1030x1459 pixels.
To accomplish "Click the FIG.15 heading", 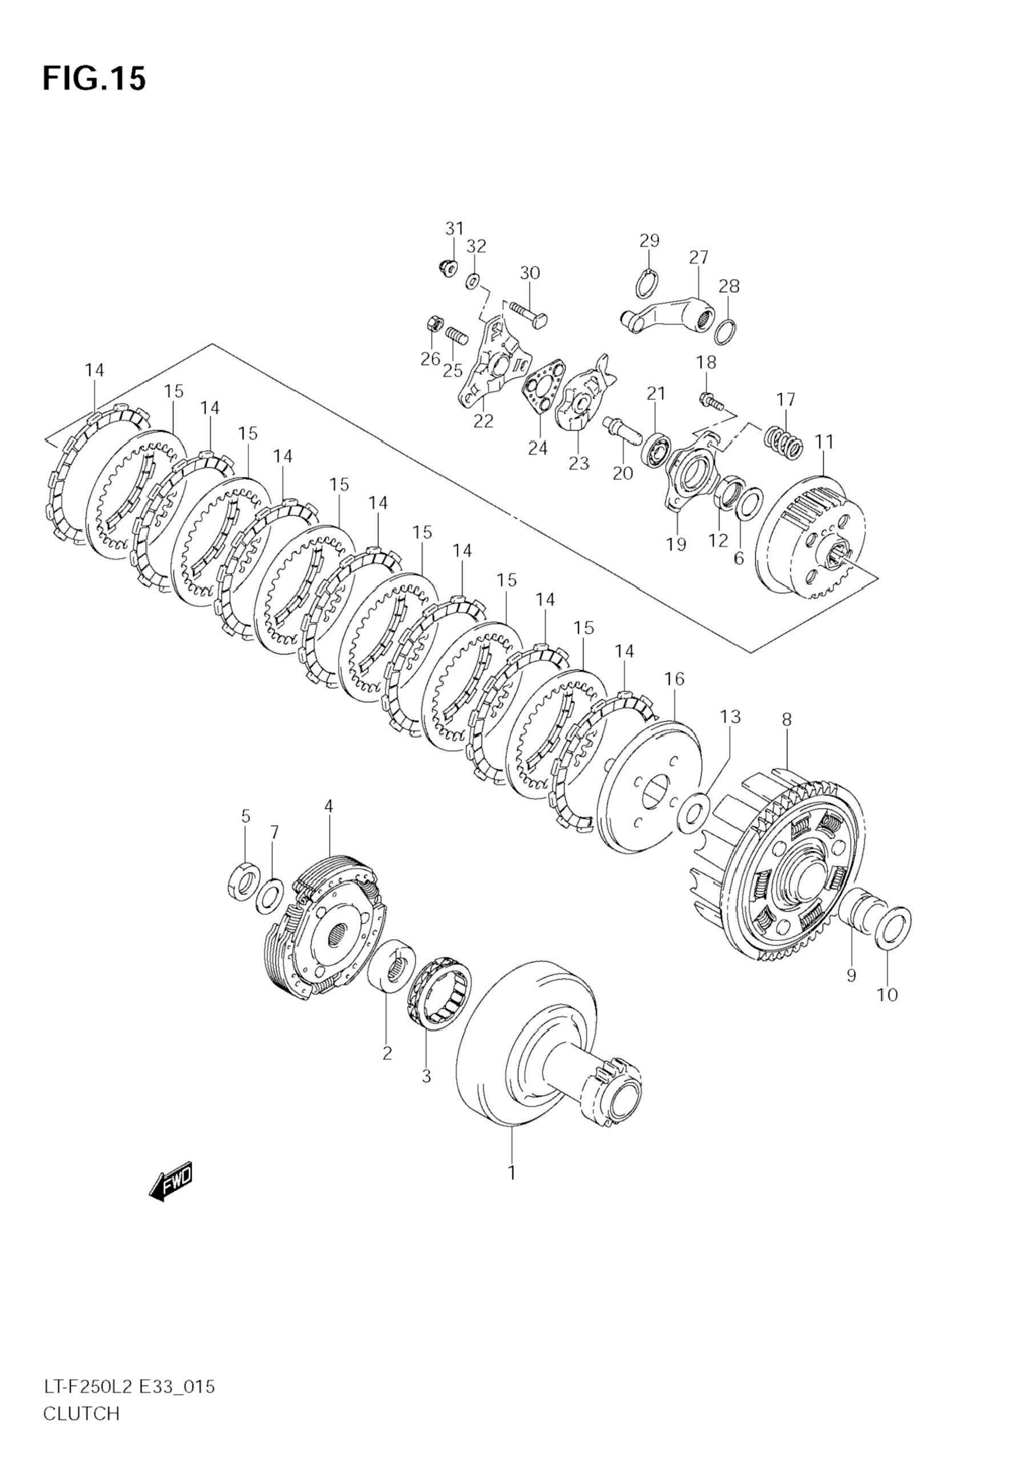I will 94,79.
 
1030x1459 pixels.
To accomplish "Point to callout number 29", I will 649,241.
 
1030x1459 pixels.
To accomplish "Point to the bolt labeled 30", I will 528,314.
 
